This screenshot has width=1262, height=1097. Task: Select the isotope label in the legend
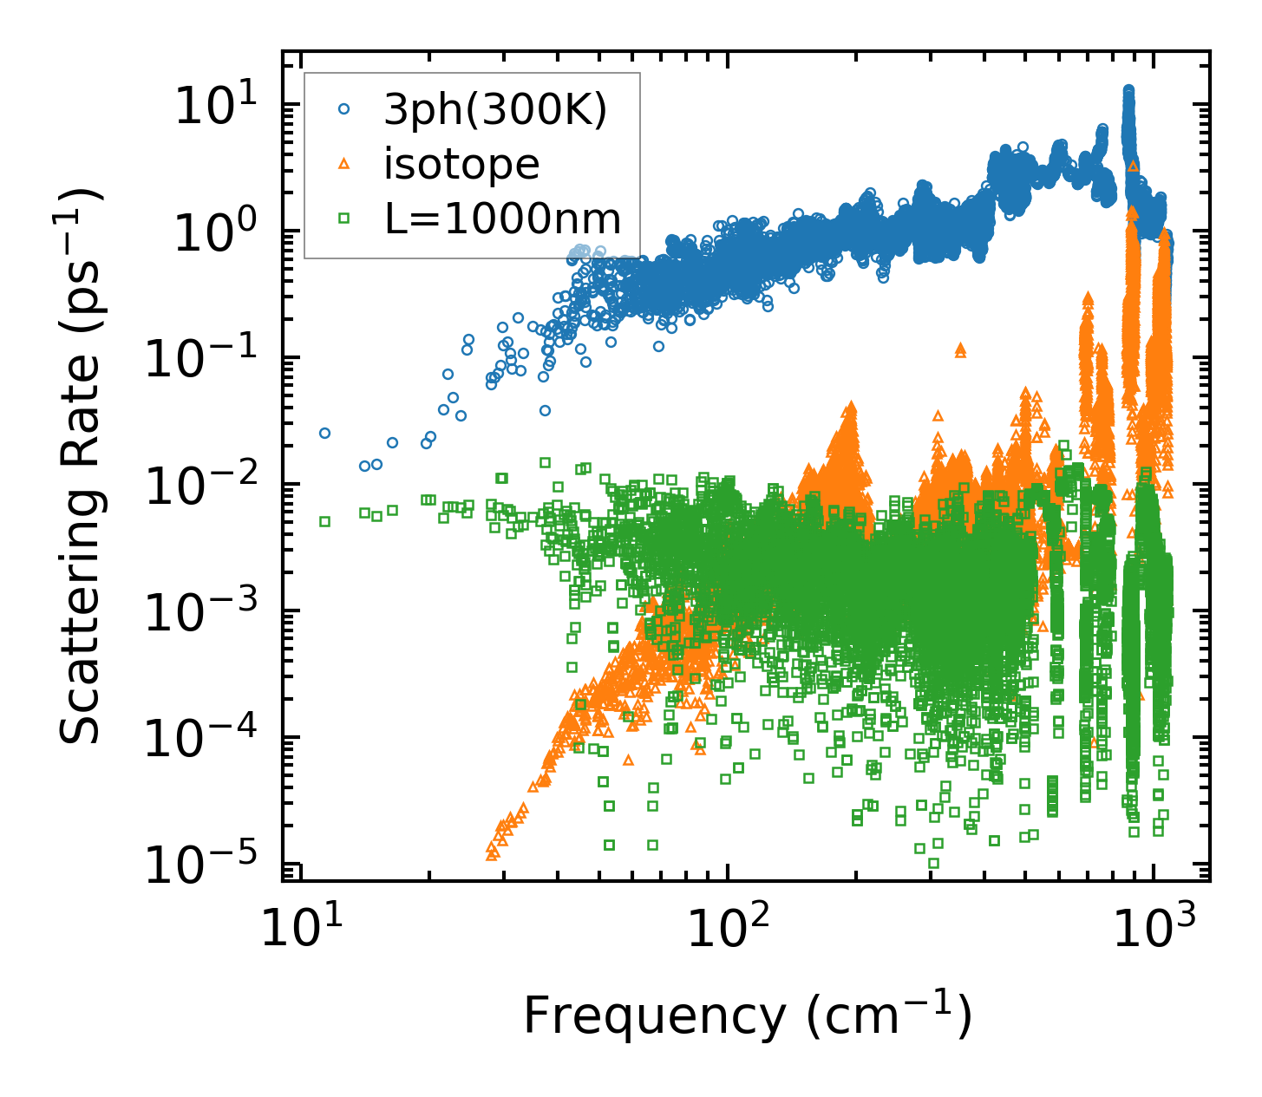click(461, 164)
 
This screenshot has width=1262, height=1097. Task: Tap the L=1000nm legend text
click(503, 219)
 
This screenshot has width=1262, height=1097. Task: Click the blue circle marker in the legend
click(344, 109)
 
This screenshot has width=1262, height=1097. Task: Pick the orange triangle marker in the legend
click(344, 164)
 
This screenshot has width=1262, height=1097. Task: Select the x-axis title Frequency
click(747, 1015)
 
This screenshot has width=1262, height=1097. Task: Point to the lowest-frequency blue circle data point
click(324, 433)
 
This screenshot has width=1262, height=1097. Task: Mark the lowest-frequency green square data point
click(324, 521)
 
